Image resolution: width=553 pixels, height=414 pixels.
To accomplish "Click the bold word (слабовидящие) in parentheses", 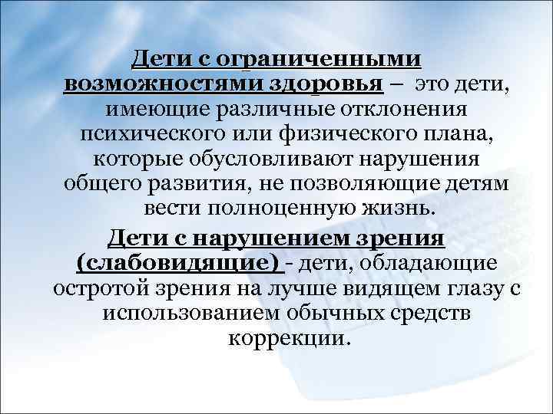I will click(179, 264).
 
